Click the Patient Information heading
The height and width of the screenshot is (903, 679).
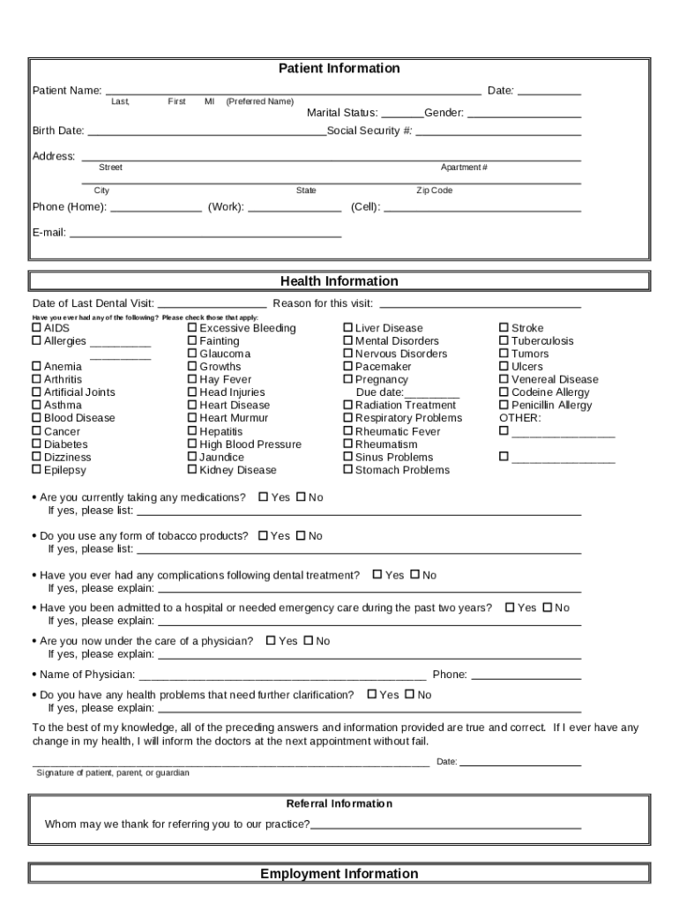click(x=339, y=69)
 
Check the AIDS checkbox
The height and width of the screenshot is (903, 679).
click(x=37, y=328)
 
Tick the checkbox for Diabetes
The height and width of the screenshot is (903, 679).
click(x=37, y=444)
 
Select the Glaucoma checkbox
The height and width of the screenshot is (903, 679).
click(x=192, y=354)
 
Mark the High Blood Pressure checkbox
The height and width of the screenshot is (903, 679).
click(x=192, y=444)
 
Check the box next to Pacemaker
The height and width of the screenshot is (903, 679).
click(x=347, y=366)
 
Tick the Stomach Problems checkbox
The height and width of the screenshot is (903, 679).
click(x=347, y=470)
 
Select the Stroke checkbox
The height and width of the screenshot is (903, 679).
click(x=504, y=328)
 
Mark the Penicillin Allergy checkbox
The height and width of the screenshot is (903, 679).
click(x=504, y=406)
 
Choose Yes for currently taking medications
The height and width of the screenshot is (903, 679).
click(x=264, y=497)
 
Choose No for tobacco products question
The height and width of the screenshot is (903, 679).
click(x=301, y=536)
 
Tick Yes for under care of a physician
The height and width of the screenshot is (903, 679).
click(x=271, y=641)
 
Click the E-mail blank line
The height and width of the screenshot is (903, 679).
click(x=205, y=235)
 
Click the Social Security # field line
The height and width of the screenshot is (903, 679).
click(x=497, y=134)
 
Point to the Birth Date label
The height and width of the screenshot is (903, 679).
click(x=58, y=131)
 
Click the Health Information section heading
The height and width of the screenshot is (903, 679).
click(x=339, y=281)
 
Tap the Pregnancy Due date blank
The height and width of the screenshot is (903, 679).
click(x=431, y=395)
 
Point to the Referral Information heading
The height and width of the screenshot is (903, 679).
click(x=339, y=803)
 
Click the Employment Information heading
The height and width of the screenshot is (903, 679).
click(x=339, y=874)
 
